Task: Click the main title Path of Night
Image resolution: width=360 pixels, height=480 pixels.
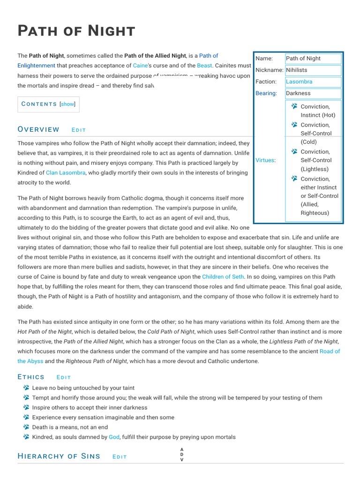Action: coord(76,31)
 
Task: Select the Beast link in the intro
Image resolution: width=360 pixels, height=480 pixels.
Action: coord(204,66)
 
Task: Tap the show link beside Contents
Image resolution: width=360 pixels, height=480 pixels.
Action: coord(67,104)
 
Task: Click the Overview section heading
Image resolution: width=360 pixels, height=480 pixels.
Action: coord(38,129)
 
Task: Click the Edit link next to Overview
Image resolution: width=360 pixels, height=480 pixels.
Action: coord(79,130)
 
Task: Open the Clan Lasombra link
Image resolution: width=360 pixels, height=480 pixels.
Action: coord(66,172)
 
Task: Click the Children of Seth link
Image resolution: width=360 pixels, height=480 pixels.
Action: coord(223,277)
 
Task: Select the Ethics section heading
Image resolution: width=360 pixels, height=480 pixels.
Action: coord(31,377)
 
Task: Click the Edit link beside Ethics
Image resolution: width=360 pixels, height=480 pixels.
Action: coord(64,377)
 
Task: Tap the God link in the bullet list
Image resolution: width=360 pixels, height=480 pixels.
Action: coord(114,437)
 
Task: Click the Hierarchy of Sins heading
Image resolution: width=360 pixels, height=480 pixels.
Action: coord(59,456)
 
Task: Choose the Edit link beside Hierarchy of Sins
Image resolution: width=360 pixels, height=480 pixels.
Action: coord(120,457)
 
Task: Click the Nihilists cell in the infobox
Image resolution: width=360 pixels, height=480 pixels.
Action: coord(297,70)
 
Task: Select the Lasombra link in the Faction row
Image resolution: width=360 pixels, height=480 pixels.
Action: coord(299,82)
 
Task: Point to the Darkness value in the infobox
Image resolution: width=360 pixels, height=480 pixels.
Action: coord(298,93)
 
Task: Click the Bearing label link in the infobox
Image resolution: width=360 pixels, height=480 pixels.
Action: coord(265,93)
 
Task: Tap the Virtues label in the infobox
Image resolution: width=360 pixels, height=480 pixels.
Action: coord(264,160)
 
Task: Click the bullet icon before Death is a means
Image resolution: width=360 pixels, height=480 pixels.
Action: coord(26,427)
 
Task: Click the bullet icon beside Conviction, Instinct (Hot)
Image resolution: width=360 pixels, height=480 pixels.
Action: coord(294,106)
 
